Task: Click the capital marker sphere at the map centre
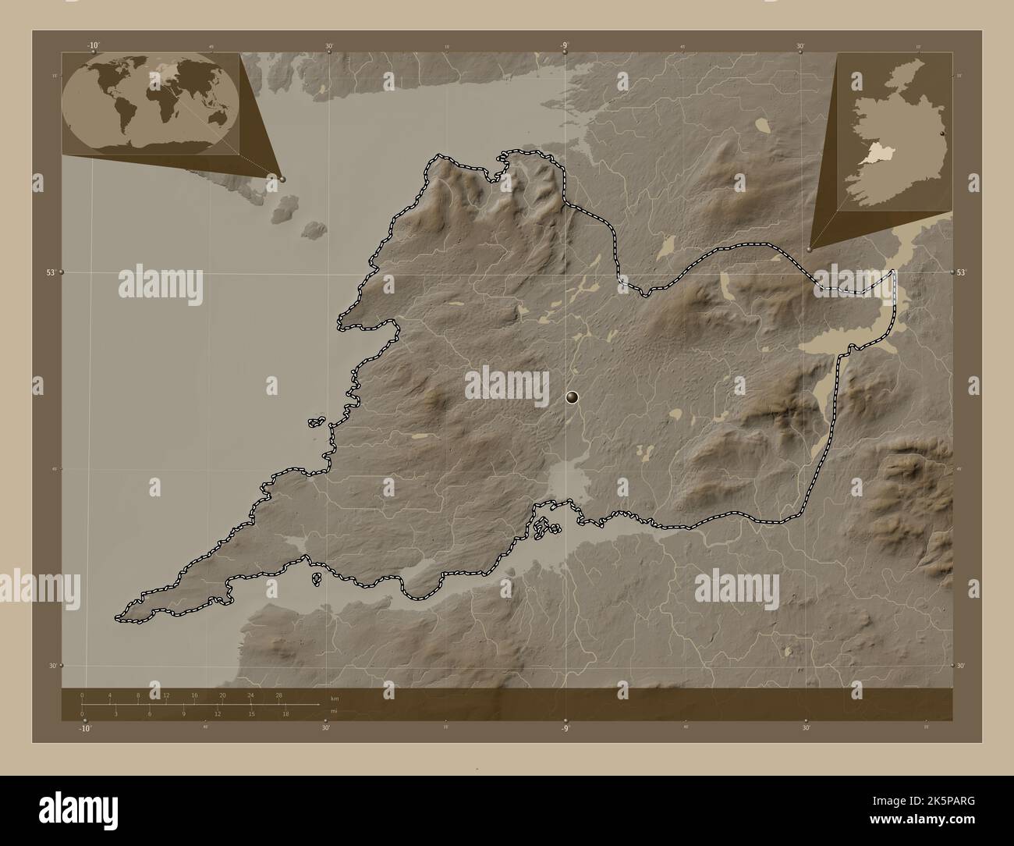click(x=573, y=398)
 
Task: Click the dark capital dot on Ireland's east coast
click(x=944, y=135)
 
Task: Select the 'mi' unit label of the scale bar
click(x=334, y=711)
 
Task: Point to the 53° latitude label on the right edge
click(x=962, y=272)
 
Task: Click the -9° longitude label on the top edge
click(x=563, y=45)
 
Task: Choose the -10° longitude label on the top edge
click(x=94, y=45)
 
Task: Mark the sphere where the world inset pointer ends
click(x=282, y=179)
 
